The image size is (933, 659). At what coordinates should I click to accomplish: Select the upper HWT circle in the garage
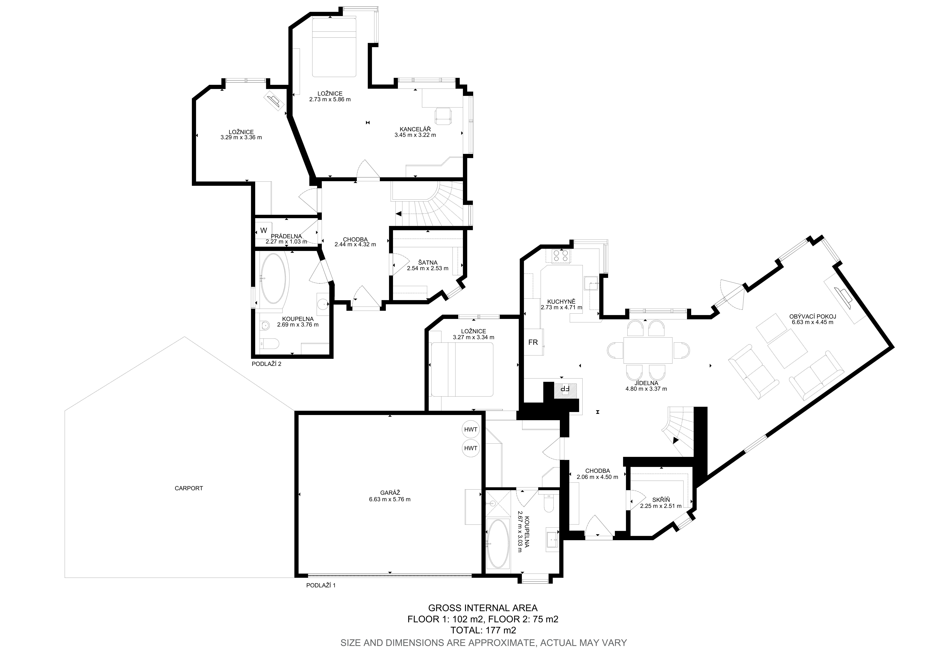click(471, 429)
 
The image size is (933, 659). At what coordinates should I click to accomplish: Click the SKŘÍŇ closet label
click(661, 500)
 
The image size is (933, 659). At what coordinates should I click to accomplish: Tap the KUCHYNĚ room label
click(561, 302)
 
